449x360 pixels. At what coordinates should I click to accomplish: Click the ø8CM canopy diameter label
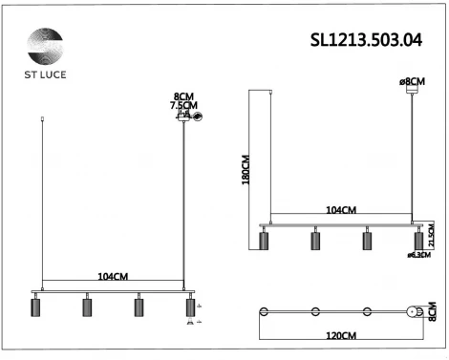[x=414, y=83]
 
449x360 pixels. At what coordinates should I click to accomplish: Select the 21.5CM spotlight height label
[x=432, y=234]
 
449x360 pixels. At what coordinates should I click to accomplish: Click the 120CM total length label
[x=341, y=336]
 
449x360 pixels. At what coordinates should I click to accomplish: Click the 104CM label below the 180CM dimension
[x=341, y=209]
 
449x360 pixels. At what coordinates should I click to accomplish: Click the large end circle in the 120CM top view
[x=414, y=312]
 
